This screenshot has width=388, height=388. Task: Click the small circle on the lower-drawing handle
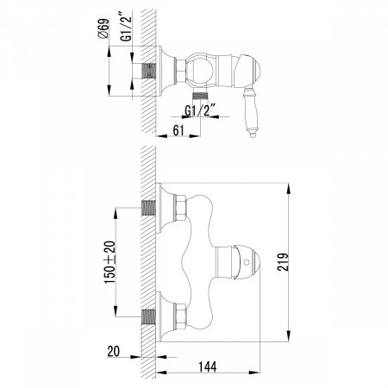click(x=251, y=259)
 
